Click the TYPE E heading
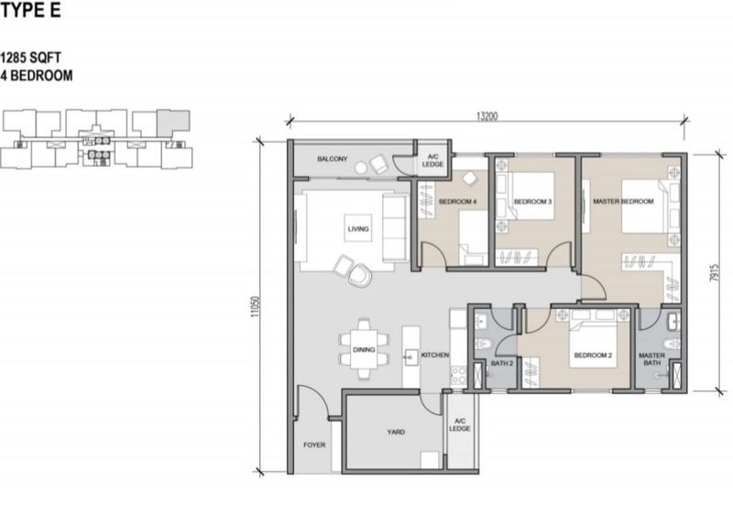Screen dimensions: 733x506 pyautogui.click(x=30, y=9)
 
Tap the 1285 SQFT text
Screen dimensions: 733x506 pyautogui.click(x=30, y=58)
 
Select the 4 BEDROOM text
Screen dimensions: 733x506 pyautogui.click(x=37, y=76)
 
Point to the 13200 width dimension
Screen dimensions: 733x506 pyautogui.click(x=487, y=116)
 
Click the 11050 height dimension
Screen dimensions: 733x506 pyautogui.click(x=255, y=307)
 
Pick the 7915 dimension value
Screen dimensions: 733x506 pyautogui.click(x=713, y=272)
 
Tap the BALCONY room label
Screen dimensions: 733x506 pyautogui.click(x=333, y=159)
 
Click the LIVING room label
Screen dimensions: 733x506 pyautogui.click(x=358, y=228)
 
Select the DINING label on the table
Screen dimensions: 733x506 pyautogui.click(x=364, y=349)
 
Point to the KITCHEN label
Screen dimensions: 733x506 pyautogui.click(x=435, y=355)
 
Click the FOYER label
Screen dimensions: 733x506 pyautogui.click(x=314, y=445)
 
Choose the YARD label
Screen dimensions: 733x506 pyautogui.click(x=396, y=432)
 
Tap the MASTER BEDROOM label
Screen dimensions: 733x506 pyautogui.click(x=623, y=201)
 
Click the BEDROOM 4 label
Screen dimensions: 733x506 pyautogui.click(x=457, y=202)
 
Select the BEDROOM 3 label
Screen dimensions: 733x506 pyautogui.click(x=533, y=202)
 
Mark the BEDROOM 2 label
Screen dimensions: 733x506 pyautogui.click(x=593, y=355)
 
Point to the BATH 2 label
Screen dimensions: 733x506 pyautogui.click(x=501, y=363)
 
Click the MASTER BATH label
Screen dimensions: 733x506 pyautogui.click(x=651, y=358)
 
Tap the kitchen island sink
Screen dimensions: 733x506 pyautogui.click(x=410, y=357)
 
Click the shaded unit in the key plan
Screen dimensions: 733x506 pyautogui.click(x=173, y=123)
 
